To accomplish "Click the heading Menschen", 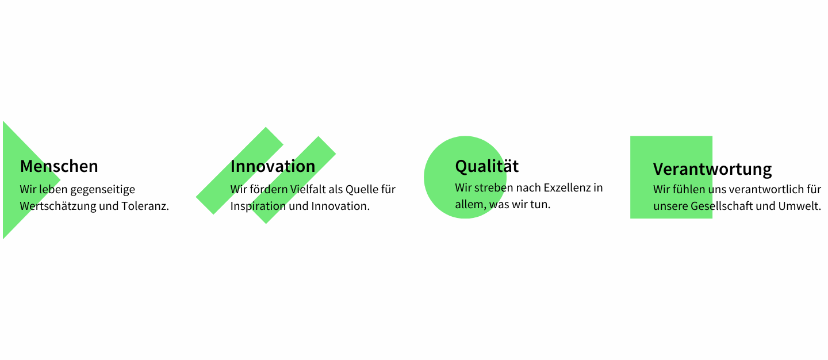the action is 59,166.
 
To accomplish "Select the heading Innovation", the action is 273,166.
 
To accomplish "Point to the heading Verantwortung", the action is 712,169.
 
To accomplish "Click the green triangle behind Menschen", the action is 22,180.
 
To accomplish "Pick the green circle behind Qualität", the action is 465,178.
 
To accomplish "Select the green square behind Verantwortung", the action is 671,178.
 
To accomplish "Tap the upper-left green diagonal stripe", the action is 240,171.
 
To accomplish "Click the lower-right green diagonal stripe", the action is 292,180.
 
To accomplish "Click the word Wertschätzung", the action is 57,206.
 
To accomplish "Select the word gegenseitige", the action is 103,190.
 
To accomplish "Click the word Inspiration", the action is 258,206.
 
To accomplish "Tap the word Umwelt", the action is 799,206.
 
